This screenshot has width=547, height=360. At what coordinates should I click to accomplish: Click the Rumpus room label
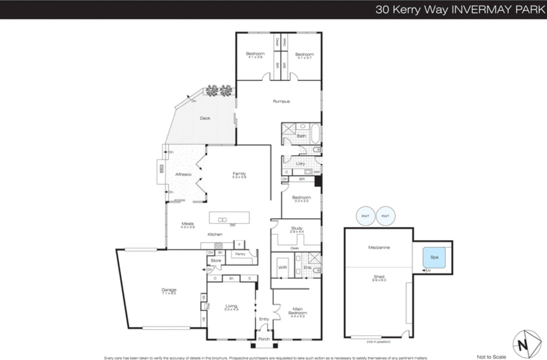(281, 101)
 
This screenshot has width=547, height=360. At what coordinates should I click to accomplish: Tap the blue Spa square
(434, 257)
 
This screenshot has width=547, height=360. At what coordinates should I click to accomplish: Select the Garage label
(169, 290)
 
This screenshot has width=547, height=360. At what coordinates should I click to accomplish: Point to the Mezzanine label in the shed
(379, 247)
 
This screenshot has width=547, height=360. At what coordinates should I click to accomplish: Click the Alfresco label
(183, 174)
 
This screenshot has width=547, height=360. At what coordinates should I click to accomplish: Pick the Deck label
(205, 118)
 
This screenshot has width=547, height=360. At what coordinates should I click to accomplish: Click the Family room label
(239, 174)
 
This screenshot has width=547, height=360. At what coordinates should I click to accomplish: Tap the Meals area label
(187, 224)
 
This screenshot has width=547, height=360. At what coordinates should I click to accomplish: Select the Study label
(296, 228)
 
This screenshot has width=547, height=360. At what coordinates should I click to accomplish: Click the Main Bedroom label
(297, 311)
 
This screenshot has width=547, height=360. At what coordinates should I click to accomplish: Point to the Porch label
(264, 339)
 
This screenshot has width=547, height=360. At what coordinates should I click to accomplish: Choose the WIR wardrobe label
(282, 268)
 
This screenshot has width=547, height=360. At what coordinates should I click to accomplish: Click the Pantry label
(240, 254)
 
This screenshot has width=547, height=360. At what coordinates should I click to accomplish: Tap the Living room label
(231, 306)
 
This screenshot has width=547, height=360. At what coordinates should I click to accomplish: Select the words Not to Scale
(491, 357)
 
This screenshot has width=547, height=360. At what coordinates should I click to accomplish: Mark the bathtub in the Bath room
(315, 133)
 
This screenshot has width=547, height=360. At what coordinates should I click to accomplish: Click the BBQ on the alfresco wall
(161, 169)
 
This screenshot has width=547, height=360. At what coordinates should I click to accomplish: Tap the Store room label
(216, 260)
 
